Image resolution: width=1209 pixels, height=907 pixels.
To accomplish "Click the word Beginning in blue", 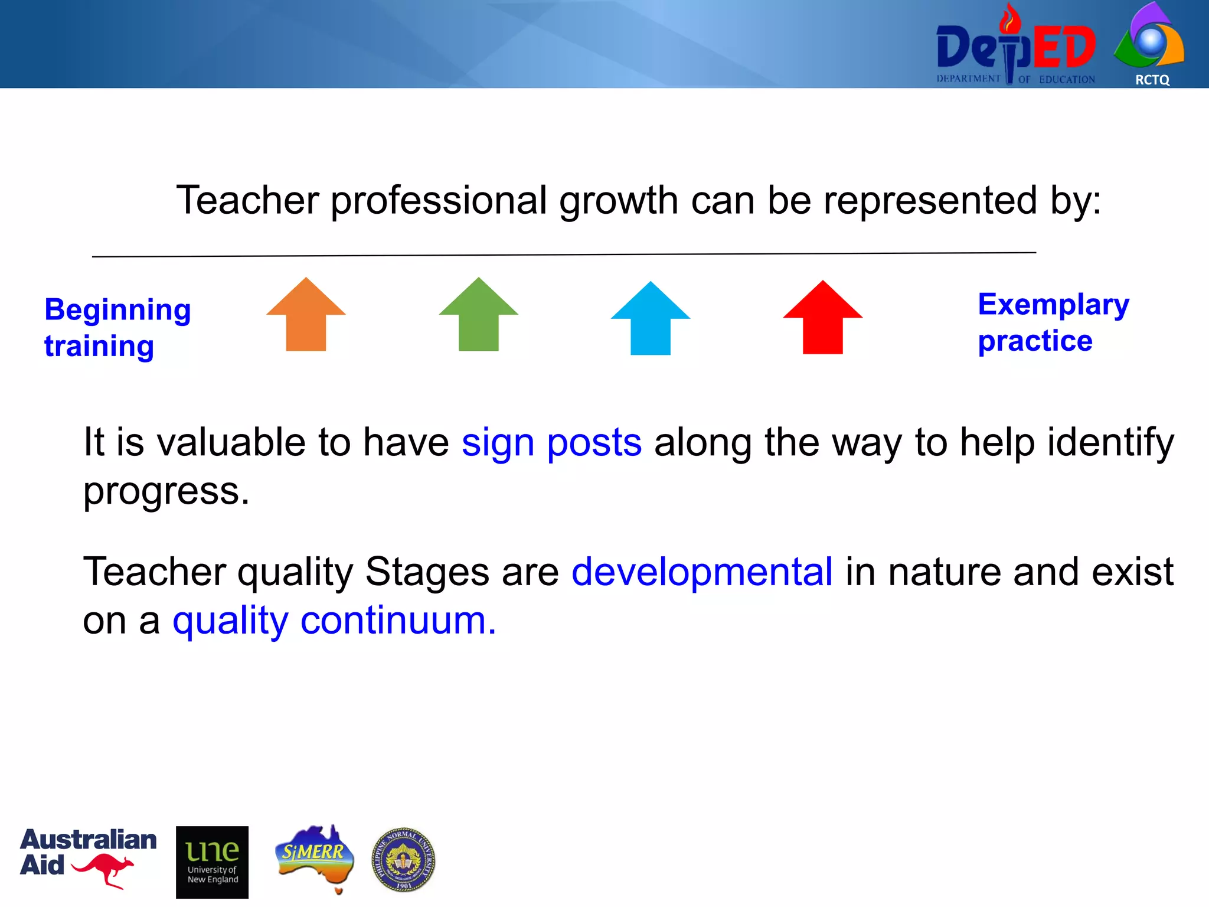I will tap(117, 311).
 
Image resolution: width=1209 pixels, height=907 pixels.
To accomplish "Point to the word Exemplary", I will tap(1053, 305).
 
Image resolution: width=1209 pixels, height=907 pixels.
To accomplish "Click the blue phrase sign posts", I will tap(551, 443).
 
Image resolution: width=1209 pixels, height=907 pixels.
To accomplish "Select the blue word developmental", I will tap(702, 572).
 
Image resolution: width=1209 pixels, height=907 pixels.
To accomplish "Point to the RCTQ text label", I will tap(1152, 80).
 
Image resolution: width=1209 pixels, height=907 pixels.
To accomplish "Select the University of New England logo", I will tap(212, 862).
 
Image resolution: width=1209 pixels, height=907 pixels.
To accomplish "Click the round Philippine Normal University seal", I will tap(403, 859).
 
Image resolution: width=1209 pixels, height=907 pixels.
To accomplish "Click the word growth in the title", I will tap(618, 201).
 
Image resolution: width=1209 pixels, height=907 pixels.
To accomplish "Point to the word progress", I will tap(165, 491).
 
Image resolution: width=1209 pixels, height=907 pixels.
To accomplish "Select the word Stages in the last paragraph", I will tap(427, 572).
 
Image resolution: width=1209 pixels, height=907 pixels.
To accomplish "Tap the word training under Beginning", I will tap(99, 347).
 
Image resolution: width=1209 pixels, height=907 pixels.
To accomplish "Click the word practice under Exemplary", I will tap(1035, 341).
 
